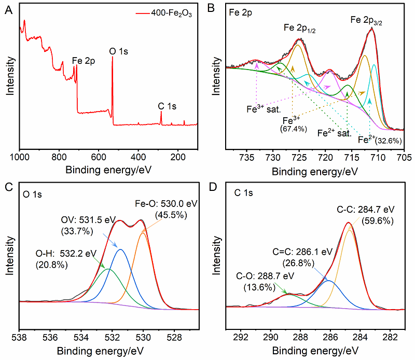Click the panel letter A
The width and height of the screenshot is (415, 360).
click(8, 9)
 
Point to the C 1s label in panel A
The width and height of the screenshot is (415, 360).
click(167, 106)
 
